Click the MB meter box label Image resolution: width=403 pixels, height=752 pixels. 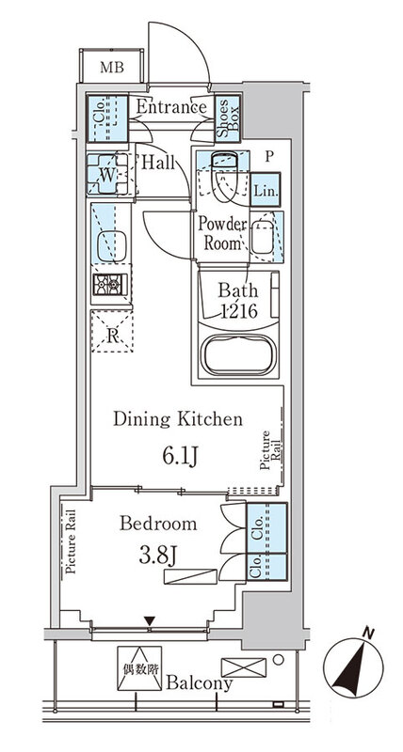click(112, 67)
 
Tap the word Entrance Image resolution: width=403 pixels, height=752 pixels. click(171, 106)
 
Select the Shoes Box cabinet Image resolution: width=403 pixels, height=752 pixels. click(227, 118)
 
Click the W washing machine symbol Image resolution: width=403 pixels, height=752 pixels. click(107, 174)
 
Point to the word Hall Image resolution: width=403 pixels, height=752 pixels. click(157, 163)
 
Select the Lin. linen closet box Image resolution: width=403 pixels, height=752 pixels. click(265, 190)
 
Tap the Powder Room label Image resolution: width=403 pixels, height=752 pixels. click(222, 233)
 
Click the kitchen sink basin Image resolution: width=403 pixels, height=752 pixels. click(112, 246)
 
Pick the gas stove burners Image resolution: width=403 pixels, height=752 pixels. click(110, 285)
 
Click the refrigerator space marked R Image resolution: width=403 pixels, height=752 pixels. click(112, 332)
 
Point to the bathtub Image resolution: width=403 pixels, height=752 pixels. click(238, 354)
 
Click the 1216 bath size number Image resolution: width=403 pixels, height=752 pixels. click(238, 312)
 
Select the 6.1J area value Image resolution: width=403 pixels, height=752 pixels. click(180, 457)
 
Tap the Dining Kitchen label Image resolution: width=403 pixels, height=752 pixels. click(178, 419)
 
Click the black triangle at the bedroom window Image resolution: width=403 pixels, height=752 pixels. click(150, 621)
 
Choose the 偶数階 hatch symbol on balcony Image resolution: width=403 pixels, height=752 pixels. click(139, 668)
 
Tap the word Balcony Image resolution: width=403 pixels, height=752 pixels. click(200, 684)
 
